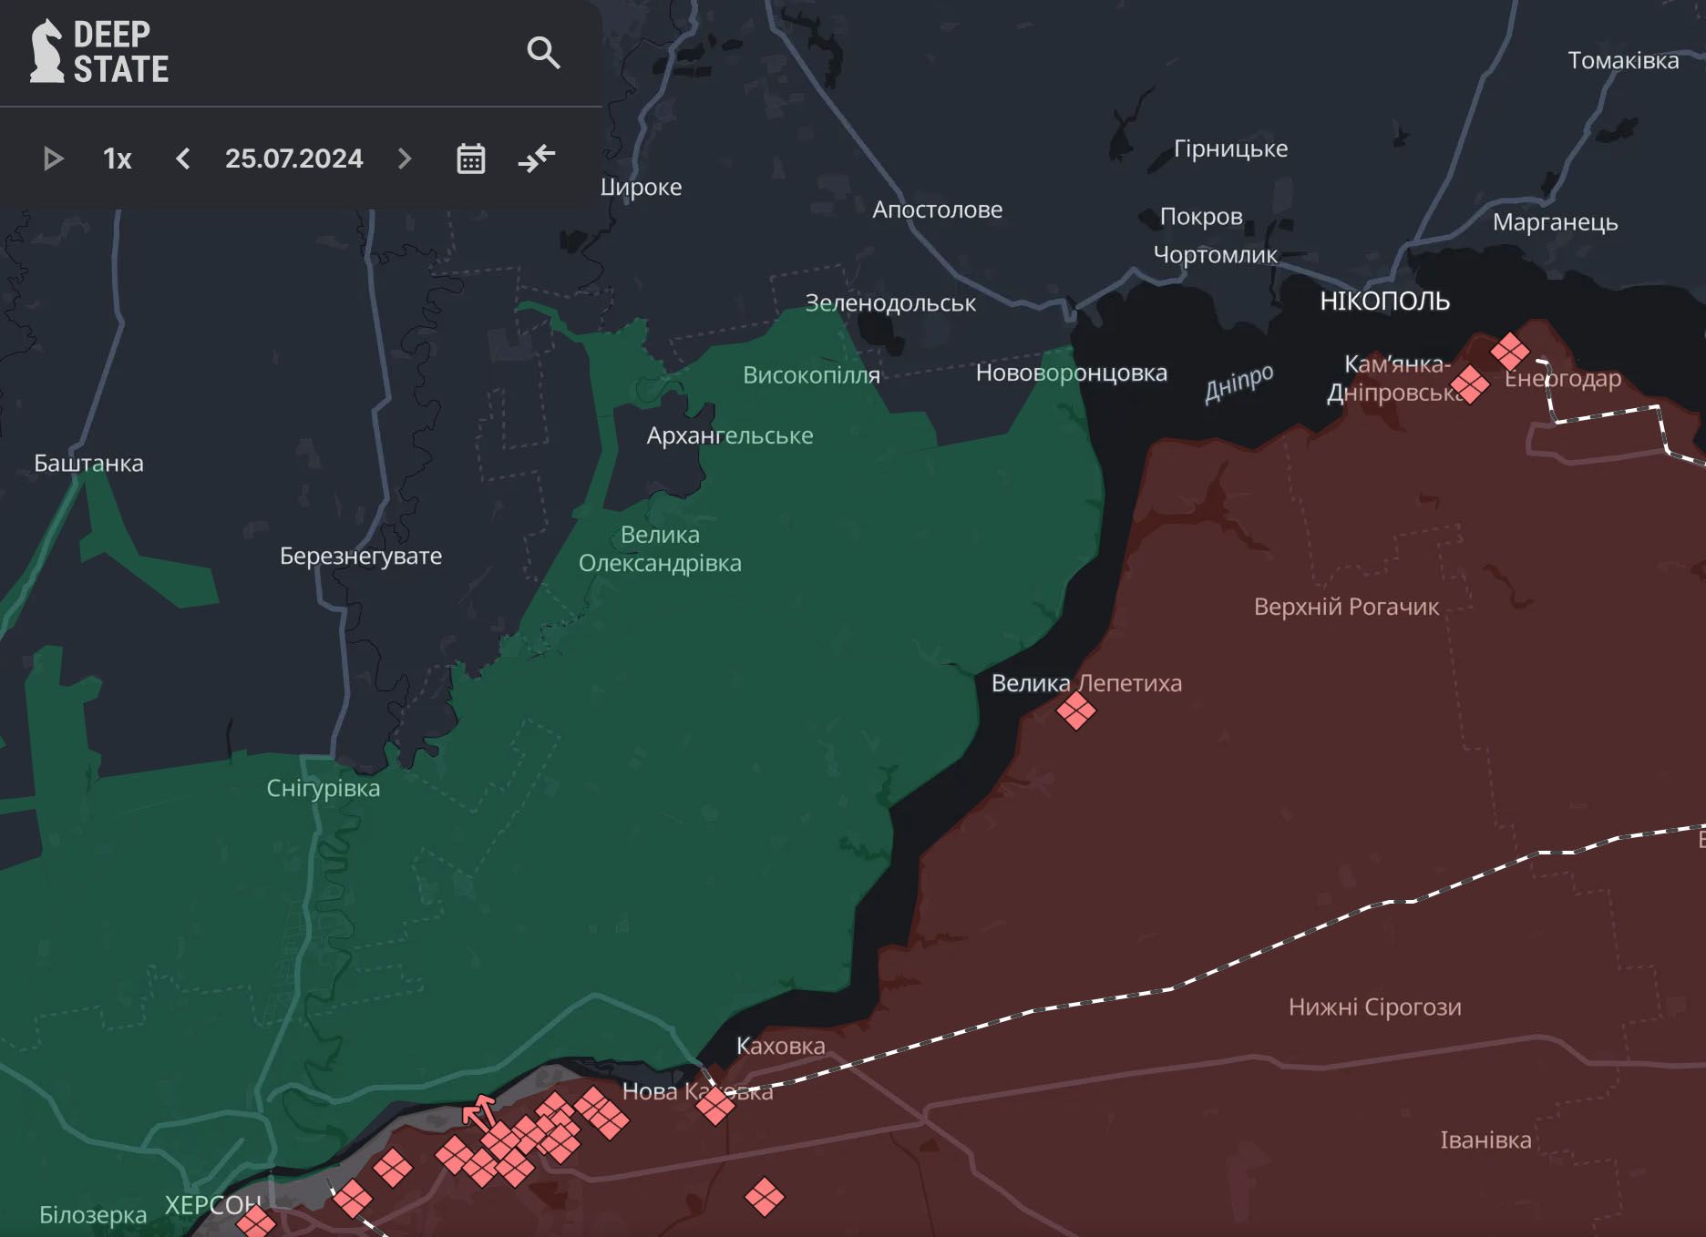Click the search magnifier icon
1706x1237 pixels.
point(543,53)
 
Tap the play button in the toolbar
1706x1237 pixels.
point(53,159)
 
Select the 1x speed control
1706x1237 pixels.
point(117,159)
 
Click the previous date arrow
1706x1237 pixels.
point(183,159)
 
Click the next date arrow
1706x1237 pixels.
point(405,159)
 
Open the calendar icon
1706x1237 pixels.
point(470,159)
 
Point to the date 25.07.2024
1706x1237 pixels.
point(293,159)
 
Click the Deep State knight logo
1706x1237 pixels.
point(46,52)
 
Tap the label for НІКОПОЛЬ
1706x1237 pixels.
point(1384,302)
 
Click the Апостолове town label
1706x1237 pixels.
point(937,210)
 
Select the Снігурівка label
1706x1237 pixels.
point(323,788)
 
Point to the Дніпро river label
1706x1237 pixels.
point(1238,383)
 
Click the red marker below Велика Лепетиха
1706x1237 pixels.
point(1075,711)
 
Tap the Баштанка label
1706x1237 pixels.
point(88,463)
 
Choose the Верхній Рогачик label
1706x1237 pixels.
point(1346,607)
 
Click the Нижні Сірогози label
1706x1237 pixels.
point(1374,1007)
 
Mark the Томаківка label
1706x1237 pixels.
point(1622,60)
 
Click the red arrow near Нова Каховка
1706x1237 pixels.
point(478,1111)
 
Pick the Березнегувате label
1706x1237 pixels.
point(361,556)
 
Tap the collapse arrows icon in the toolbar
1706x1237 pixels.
point(537,159)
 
